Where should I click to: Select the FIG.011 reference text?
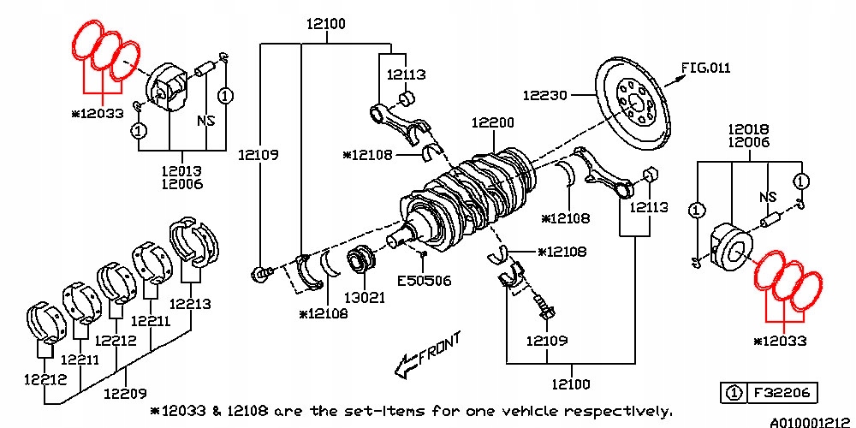[706, 68]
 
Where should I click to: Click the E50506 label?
[423, 280]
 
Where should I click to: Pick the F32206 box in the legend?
[782, 393]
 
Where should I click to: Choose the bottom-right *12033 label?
[780, 341]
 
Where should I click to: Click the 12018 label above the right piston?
[748, 129]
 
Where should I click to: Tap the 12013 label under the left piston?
[181, 169]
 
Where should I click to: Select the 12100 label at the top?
[325, 24]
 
